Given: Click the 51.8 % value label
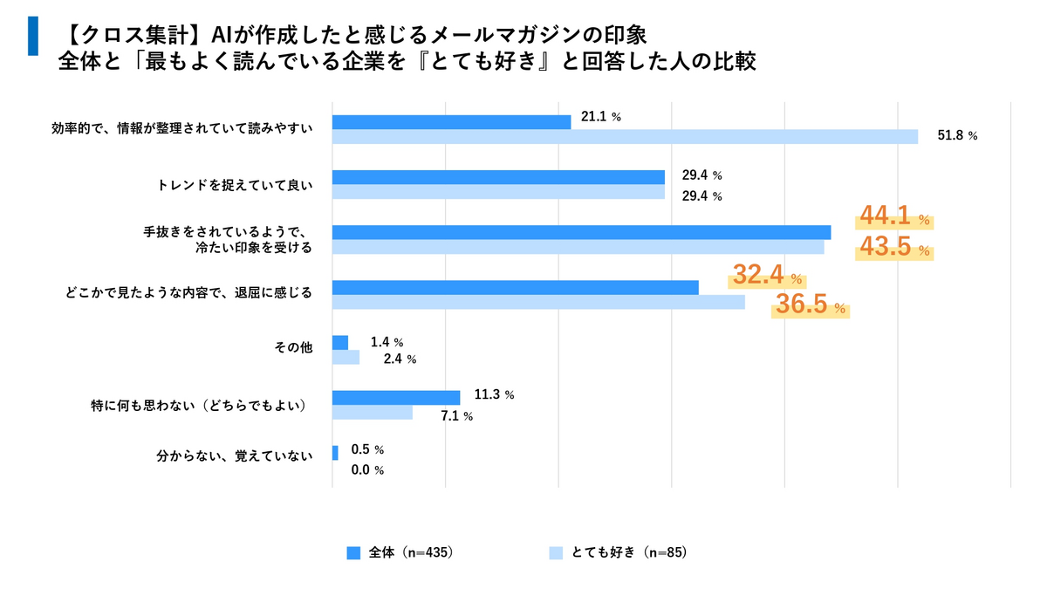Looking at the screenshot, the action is click(957, 135).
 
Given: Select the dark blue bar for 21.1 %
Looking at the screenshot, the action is click(452, 122).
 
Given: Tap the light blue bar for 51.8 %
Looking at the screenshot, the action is click(625, 136).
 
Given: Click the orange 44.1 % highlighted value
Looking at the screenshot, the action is click(894, 216).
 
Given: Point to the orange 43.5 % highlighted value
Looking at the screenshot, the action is click(894, 247).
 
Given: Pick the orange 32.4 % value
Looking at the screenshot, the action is click(767, 275).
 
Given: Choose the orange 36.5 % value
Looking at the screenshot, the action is click(810, 305).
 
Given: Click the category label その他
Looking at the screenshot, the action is click(293, 347).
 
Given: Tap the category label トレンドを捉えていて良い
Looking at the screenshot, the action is click(235, 186).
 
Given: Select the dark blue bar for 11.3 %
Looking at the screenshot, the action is click(396, 397).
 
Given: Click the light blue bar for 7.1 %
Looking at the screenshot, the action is click(373, 412).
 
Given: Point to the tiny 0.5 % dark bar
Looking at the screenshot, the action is click(335, 453).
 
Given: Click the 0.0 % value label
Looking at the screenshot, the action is click(367, 469).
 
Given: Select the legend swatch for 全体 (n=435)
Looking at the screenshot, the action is click(353, 553).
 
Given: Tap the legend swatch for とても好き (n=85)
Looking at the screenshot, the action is click(556, 553).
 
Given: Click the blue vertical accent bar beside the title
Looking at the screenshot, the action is click(33, 36).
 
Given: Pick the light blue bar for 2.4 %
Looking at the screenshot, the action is click(346, 357).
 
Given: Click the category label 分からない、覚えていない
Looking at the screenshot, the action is click(235, 456).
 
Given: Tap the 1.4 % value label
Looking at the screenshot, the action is click(387, 342).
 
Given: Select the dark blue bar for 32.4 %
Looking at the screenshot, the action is click(516, 287).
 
